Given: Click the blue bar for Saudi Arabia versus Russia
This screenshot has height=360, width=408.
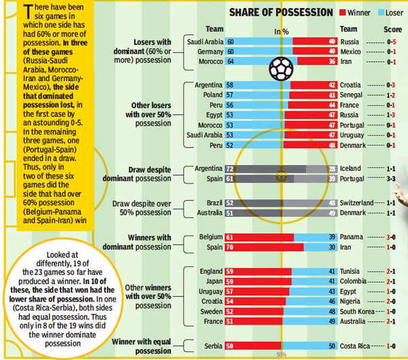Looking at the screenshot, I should click(x=259, y=41).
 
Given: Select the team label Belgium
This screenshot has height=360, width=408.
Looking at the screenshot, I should click(x=211, y=236).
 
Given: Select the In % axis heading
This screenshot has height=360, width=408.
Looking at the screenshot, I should click(x=282, y=31).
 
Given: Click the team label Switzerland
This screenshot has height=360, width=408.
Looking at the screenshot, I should click(x=358, y=202).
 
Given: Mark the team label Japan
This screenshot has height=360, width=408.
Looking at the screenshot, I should click(x=214, y=281).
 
